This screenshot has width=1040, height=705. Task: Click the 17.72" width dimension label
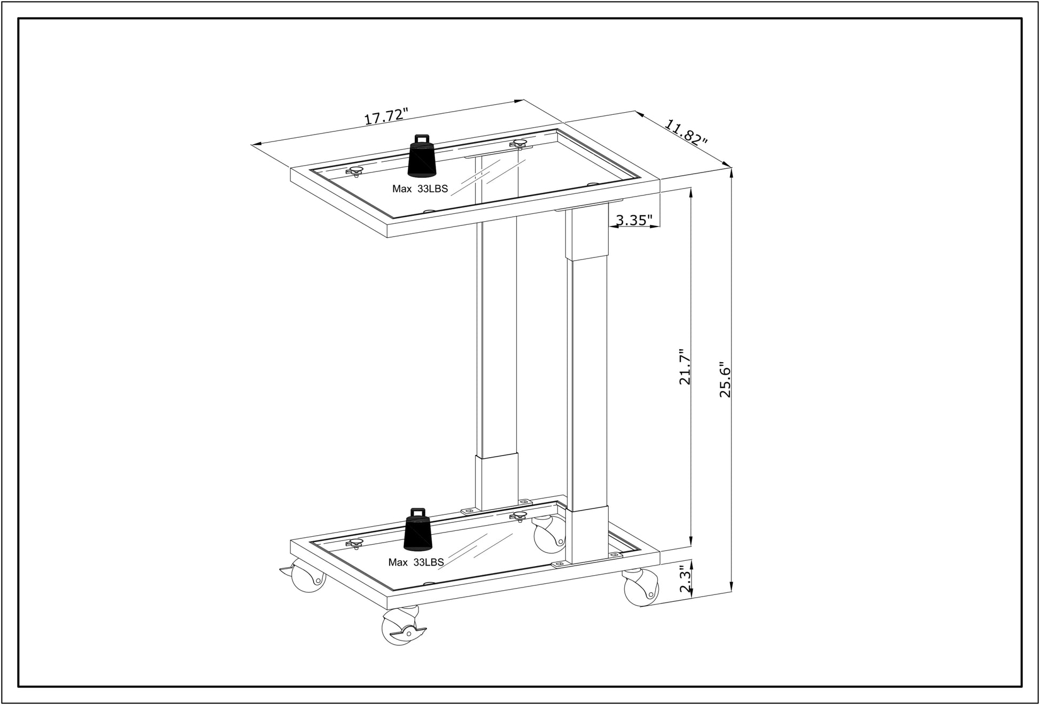[x=386, y=116]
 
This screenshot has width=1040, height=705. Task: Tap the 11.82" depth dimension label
[x=686, y=132]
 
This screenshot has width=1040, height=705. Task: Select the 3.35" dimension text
[x=634, y=220]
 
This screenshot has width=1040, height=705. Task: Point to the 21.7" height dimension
[x=685, y=367]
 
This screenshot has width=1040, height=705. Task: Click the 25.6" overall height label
[x=725, y=378]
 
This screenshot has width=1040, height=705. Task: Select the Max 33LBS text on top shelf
[x=420, y=189]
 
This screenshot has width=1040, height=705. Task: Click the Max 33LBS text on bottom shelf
[x=416, y=562]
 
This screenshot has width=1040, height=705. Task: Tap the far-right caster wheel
[x=640, y=587]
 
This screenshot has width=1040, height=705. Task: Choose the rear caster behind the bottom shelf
[x=549, y=536]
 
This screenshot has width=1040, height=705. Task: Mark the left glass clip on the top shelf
[x=355, y=171]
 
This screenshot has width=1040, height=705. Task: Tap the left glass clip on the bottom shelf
[x=355, y=544]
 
